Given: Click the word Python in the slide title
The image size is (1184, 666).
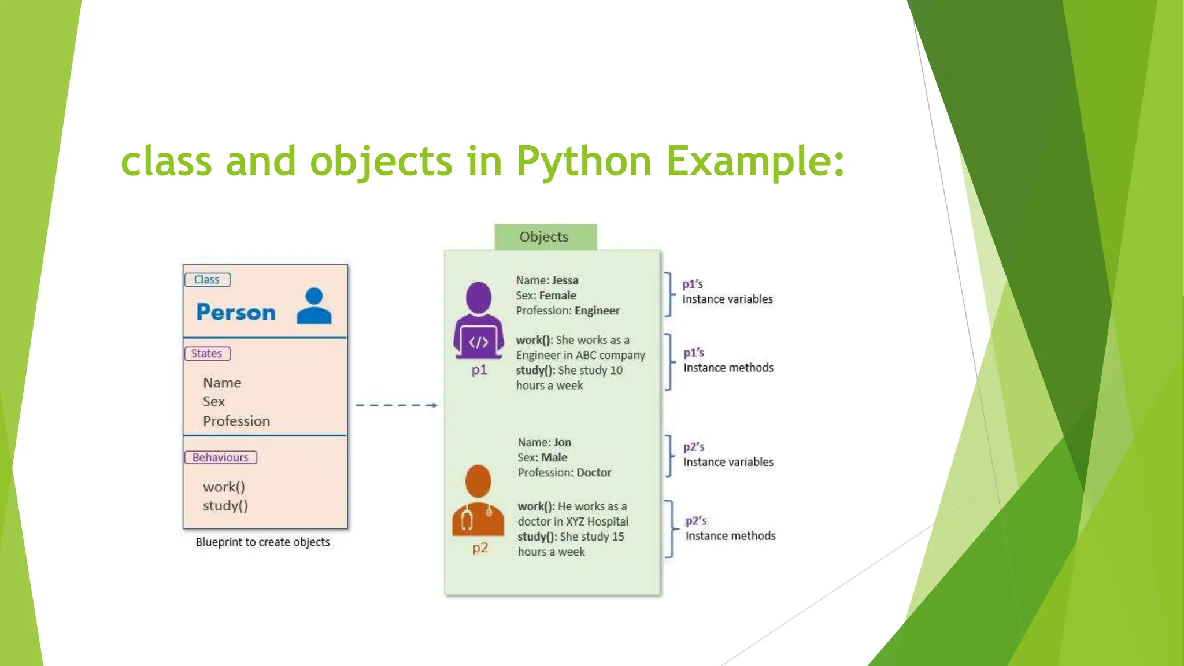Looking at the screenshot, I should coord(584,162).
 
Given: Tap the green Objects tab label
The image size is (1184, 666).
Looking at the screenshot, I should coord(544,237).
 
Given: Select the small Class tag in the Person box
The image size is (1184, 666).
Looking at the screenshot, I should coord(207,280).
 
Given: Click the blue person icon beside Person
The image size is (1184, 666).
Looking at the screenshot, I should coord(314,306).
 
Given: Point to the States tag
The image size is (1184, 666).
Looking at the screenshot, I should coord(207,354).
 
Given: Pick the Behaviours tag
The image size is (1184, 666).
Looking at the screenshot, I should coord(220,457).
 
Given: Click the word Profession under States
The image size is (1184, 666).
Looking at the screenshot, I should coord(236,421).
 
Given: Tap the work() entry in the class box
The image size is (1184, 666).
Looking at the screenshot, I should coord(224,487).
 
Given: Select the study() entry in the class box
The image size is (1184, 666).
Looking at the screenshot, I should coord(225,506).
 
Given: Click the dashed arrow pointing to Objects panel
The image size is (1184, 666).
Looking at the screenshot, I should coord(397,405).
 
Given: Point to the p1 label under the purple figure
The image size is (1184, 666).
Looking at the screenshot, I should coord(479,370).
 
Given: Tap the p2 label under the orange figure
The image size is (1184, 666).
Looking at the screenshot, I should coord(480,548).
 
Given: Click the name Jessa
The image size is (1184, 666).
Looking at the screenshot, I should coord(565,280).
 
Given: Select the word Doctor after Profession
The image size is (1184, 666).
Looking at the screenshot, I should coord(594,473).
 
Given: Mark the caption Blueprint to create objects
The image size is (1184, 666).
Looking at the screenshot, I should coord(262,542).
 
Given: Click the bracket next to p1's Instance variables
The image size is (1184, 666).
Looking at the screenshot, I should coord(669,294).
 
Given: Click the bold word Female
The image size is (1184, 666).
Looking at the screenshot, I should coord(557,295).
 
